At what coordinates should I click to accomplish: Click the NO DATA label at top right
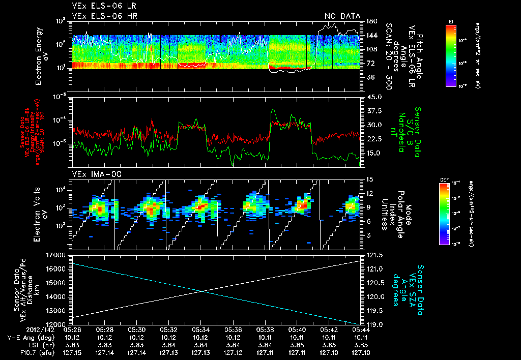tap(342, 16)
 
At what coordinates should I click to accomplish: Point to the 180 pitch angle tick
tap(371, 21)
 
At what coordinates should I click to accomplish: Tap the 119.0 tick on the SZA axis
tap(372, 324)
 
